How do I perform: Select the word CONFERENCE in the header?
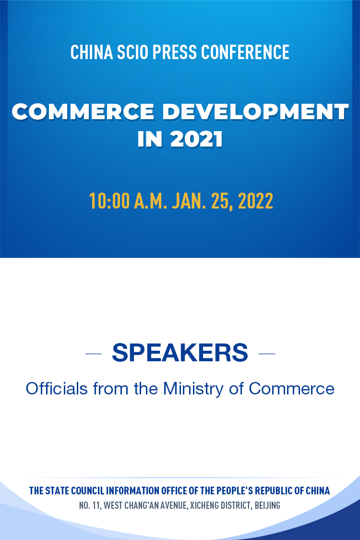245,52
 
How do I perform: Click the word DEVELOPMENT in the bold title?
255,111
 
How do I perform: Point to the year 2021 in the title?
196,139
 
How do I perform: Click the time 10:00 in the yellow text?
109,201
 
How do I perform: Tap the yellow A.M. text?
150,201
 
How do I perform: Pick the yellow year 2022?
255,201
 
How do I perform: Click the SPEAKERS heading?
180,353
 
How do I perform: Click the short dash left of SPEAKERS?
94,354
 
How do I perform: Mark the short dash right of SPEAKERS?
267,354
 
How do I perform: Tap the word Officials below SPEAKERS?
57,389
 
